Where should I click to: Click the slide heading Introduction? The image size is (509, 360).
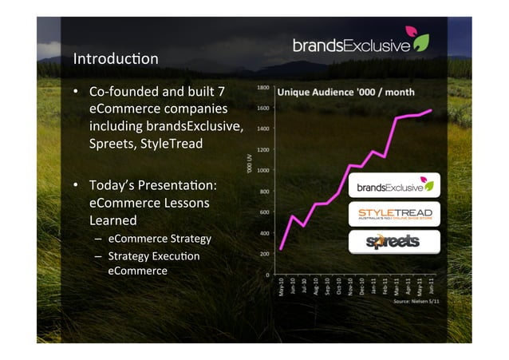(116, 59)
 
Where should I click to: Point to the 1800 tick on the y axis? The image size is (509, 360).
(262, 87)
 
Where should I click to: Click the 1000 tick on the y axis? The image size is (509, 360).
(262, 170)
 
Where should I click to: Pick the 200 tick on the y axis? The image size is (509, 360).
(262, 254)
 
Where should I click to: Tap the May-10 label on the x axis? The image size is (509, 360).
(281, 287)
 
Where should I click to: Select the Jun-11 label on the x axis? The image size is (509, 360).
(432, 287)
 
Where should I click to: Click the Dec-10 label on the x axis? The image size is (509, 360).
(362, 287)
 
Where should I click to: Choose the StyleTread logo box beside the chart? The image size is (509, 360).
(396, 215)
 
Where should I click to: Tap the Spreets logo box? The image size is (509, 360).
(396, 242)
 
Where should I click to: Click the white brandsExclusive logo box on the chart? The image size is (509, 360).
(396, 187)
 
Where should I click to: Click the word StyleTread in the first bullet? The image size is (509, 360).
(176, 144)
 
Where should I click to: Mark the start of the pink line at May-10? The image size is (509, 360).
(281, 249)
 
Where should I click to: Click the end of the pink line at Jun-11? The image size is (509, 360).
(432, 110)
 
